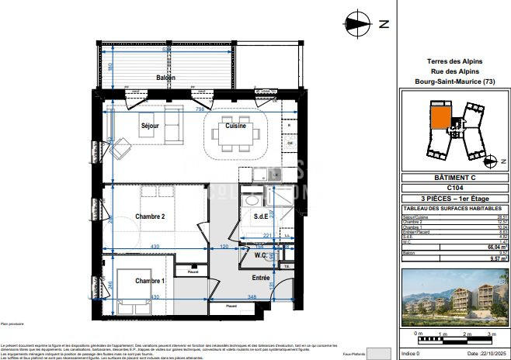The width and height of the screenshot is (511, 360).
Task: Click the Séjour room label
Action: (x=150, y=126)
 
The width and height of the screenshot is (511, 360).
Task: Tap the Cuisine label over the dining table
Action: (x=236, y=126)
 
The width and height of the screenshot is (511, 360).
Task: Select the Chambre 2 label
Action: (x=150, y=216)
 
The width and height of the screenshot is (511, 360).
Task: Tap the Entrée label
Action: (x=260, y=277)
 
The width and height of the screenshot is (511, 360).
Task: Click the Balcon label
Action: (x=165, y=78)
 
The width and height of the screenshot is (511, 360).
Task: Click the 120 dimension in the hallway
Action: (x=224, y=246)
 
